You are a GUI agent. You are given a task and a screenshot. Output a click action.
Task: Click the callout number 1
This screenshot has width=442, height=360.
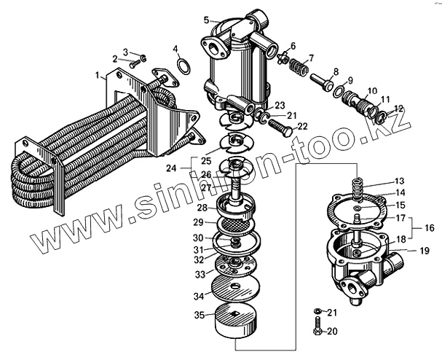tap(97, 75)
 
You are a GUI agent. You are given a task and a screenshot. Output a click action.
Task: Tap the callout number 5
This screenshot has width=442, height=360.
tap(206, 20)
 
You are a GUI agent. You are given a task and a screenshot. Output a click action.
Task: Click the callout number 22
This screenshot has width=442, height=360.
tap(303, 127)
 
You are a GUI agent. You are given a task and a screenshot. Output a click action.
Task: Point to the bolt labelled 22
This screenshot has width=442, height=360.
tap(280, 132)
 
